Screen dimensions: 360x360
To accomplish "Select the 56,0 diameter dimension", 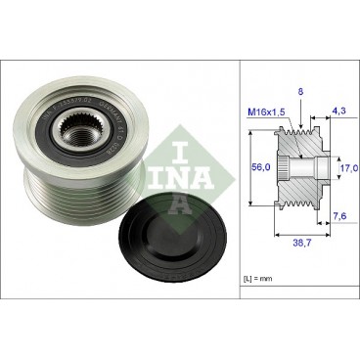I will pyautogui.click(x=259, y=166).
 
